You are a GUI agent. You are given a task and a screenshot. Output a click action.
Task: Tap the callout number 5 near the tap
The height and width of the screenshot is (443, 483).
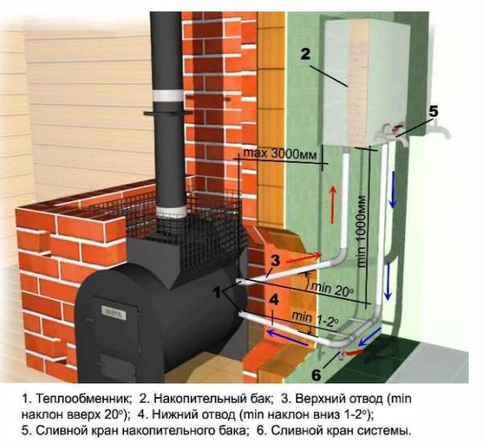coord(434,111)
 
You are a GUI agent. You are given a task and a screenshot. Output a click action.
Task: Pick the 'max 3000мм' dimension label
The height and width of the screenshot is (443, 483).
coord(279,154)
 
